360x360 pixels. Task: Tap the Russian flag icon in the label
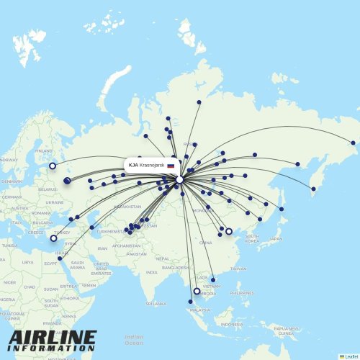point(171,166)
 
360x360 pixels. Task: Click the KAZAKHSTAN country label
point(126,207)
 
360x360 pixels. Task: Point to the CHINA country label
point(206,243)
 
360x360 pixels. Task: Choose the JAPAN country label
point(275,239)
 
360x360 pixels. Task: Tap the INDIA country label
point(151,272)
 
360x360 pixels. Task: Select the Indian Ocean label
point(133,338)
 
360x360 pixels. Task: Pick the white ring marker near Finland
point(53,166)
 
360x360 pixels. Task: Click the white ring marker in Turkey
point(53,238)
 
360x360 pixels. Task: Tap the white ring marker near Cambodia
point(197,292)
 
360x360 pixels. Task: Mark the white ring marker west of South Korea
point(229,231)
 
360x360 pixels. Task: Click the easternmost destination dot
point(353,143)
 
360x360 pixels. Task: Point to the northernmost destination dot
point(199,102)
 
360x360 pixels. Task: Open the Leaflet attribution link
point(350,356)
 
